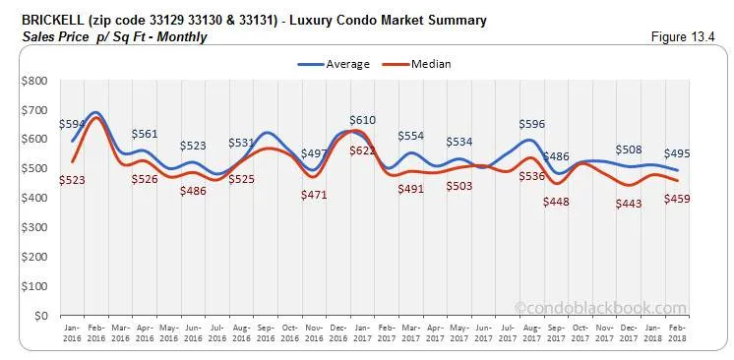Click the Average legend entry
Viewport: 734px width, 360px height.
click(334, 65)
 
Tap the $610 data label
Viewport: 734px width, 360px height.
click(361, 119)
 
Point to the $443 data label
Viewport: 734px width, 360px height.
click(626, 204)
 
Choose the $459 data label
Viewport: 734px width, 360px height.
click(675, 199)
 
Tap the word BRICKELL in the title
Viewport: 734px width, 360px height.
click(36, 21)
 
